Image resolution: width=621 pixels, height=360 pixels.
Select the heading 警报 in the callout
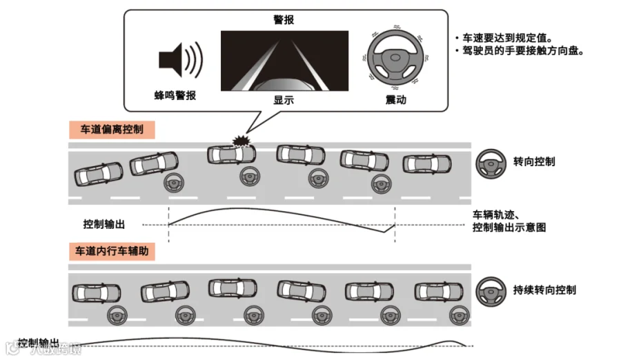tap(284, 20)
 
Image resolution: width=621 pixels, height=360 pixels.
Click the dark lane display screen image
tap(283, 61)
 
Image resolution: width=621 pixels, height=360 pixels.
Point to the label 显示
tap(284, 100)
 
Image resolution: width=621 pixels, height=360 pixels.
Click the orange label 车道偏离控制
tap(111, 129)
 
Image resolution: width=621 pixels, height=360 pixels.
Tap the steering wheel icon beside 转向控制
tap(491, 162)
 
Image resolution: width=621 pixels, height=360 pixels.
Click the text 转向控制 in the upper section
tap(534, 162)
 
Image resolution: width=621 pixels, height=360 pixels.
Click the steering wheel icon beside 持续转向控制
tap(491, 290)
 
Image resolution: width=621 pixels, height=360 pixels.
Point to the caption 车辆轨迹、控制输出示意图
tap(509, 221)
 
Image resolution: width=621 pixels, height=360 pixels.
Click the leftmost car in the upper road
tap(97, 173)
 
